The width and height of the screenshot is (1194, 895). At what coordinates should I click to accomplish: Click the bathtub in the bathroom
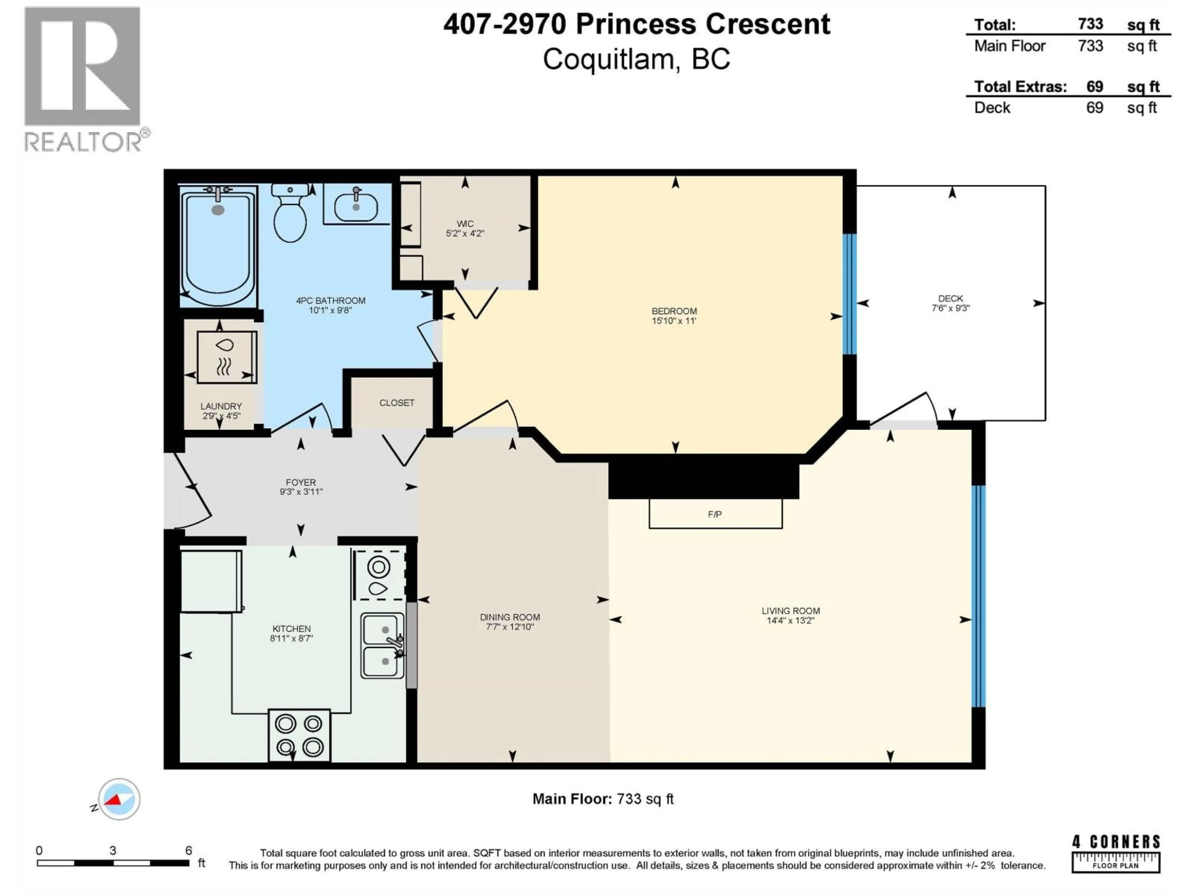218,246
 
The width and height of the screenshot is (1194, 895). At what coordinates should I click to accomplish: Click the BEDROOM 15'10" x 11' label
674,316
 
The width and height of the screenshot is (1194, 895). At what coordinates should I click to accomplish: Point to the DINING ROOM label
510,622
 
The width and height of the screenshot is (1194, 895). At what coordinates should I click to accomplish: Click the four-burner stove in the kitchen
299,734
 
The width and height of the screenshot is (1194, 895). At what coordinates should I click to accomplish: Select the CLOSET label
397,403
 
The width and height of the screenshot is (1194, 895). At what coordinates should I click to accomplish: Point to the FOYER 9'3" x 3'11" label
301,487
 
